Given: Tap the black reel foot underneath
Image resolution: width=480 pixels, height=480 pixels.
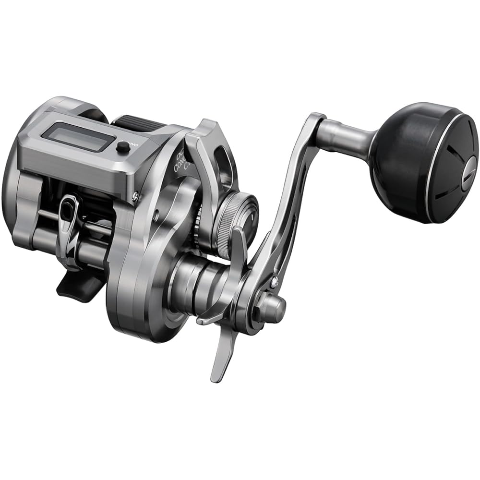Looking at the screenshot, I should (x=79, y=286).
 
